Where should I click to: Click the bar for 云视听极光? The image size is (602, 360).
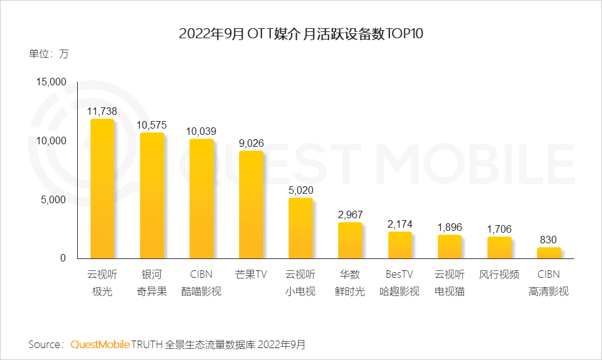tap(102, 189)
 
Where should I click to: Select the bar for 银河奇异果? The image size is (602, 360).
tap(151, 196)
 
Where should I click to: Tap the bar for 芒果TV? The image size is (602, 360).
tap(251, 204)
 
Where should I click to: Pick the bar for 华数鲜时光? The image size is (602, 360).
tap(350, 240)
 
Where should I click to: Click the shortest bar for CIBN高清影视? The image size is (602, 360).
tap(549, 253)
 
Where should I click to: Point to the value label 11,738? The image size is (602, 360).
tap(102, 111)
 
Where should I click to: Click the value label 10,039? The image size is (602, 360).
tap(201, 131)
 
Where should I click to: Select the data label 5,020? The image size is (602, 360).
tap(300, 190)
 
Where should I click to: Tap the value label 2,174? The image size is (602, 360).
tap(399, 224)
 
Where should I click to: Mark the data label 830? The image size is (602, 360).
tap(549, 240)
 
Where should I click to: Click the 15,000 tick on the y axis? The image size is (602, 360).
tap(50, 82)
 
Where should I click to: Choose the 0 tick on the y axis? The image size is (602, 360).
tap(63, 258)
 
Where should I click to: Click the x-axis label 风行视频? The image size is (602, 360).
tap(499, 274)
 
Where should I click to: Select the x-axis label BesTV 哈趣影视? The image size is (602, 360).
tap(399, 283)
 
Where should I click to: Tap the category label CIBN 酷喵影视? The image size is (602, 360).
tap(201, 283)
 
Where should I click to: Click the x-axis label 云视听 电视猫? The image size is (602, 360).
tap(450, 283)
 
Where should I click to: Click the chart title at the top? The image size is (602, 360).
tap(301, 34)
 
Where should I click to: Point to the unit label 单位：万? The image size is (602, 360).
tap(48, 54)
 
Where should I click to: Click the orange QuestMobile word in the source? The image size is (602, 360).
tap(100, 345)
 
